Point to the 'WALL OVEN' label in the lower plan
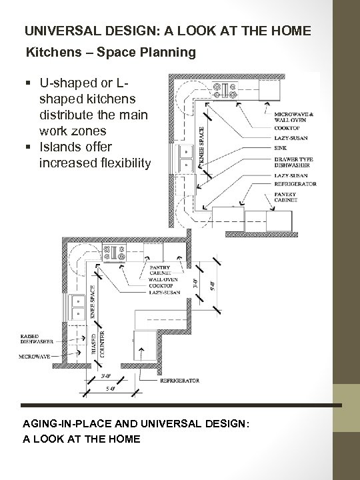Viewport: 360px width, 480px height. [163, 280]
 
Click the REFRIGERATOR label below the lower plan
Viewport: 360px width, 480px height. [180, 381]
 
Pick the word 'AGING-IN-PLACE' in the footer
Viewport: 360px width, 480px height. [71, 425]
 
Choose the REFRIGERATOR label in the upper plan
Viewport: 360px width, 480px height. [295, 183]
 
